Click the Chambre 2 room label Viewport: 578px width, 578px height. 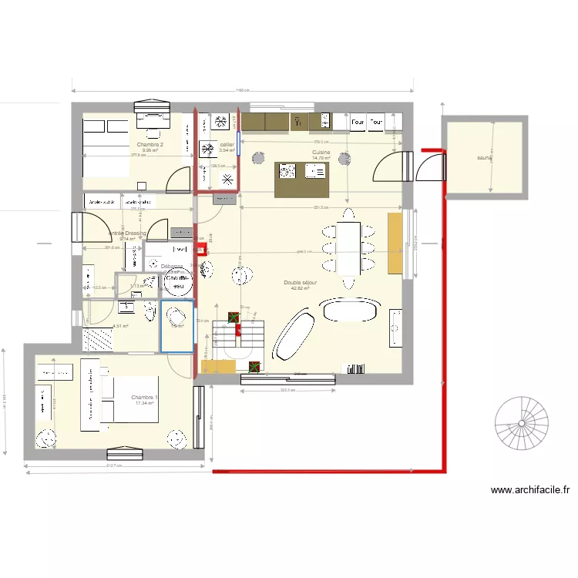[x=150, y=144]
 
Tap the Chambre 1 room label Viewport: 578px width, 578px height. [x=145, y=397]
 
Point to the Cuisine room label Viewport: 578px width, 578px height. [x=321, y=153]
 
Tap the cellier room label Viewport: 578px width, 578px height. [x=227, y=144]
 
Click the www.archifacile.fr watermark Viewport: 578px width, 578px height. [x=529, y=490]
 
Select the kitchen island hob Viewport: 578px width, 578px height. [x=288, y=171]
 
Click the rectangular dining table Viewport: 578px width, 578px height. [x=348, y=249]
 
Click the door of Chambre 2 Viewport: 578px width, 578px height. [x=180, y=179]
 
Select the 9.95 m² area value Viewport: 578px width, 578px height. [x=150, y=151]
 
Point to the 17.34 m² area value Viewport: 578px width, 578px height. [x=145, y=403]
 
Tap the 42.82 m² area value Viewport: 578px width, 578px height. [x=300, y=289]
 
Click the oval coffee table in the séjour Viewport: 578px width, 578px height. [x=351, y=311]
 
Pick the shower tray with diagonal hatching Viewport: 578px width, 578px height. [x=98, y=339]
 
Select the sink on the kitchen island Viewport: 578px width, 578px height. [x=316, y=171]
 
